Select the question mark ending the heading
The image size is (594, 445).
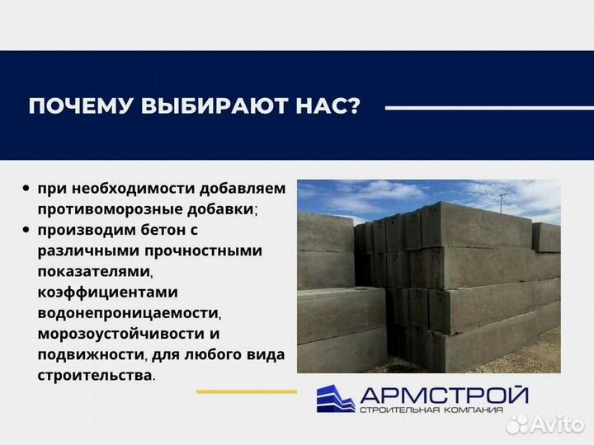click(354, 107)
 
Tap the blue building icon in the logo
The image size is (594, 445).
click(336, 398)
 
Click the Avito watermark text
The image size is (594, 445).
click(558, 424)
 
